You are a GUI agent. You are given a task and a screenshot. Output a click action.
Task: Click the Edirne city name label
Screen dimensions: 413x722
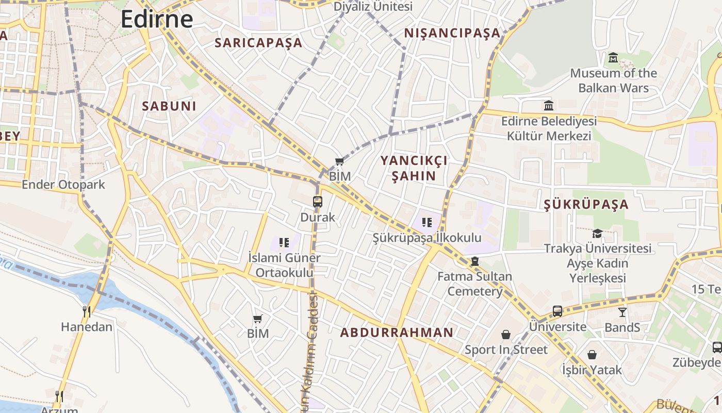pyautogui.click(x=156, y=19)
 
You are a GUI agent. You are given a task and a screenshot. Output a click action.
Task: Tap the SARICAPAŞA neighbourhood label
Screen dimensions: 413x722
pyautogui.click(x=258, y=43)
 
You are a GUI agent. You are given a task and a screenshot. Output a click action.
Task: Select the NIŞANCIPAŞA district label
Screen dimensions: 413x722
pyautogui.click(x=452, y=33)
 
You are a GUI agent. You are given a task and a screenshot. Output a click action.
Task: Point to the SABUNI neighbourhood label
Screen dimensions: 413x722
pyautogui.click(x=169, y=106)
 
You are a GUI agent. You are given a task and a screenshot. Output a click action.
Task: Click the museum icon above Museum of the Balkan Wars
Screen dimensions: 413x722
pyautogui.click(x=613, y=57)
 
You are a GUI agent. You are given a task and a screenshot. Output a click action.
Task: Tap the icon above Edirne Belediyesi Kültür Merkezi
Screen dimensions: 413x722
pyautogui.click(x=549, y=106)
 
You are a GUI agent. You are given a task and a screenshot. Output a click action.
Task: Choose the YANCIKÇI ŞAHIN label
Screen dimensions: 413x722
pyautogui.click(x=414, y=168)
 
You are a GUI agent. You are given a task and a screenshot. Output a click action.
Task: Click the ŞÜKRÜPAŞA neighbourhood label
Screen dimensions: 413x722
pyautogui.click(x=586, y=204)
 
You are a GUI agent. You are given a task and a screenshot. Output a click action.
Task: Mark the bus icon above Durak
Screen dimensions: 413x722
pyautogui.click(x=318, y=202)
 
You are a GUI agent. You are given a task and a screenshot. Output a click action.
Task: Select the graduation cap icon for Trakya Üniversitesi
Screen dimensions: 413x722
pyautogui.click(x=597, y=234)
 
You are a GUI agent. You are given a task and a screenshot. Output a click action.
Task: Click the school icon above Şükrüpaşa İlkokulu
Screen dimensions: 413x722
pyautogui.click(x=426, y=223)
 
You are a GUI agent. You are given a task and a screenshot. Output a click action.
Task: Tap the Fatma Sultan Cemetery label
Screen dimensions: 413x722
pyautogui.click(x=474, y=283)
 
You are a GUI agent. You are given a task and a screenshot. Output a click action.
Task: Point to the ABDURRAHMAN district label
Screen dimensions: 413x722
pyautogui.click(x=397, y=332)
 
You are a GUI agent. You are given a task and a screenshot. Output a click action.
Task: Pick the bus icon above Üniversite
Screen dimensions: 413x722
pyautogui.click(x=557, y=311)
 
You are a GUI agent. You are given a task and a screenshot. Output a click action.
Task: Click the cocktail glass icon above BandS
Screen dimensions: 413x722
pyautogui.click(x=622, y=312)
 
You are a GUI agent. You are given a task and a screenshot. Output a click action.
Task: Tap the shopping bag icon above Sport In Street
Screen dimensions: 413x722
pyautogui.click(x=506, y=335)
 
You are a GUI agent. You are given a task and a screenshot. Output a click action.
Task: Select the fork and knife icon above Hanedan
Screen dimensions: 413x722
pyautogui.click(x=87, y=311)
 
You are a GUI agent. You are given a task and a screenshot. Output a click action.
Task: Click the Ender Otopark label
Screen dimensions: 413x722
pyautogui.click(x=63, y=185)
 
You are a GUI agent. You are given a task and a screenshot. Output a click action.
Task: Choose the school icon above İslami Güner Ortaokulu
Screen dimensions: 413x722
pyautogui.click(x=283, y=242)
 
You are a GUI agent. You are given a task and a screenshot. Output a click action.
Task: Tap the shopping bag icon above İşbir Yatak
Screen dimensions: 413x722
pyautogui.click(x=592, y=355)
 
